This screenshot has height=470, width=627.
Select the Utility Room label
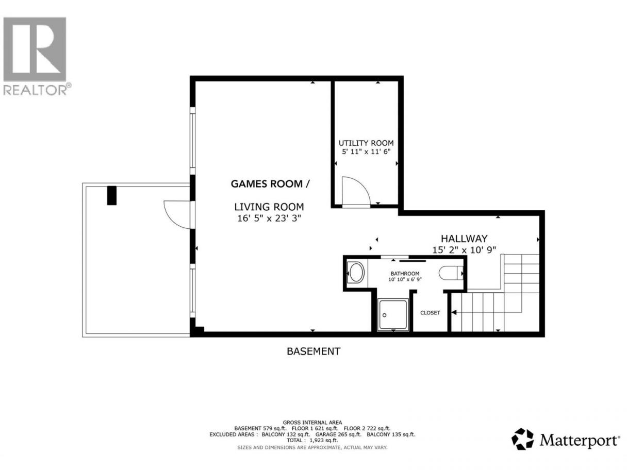click(366, 143)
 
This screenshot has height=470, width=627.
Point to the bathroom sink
click(356, 273)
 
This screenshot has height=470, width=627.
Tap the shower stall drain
click(384, 315)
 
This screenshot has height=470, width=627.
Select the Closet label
click(430, 313)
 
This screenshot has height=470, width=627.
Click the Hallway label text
click(464, 238)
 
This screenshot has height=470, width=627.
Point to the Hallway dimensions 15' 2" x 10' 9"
click(464, 250)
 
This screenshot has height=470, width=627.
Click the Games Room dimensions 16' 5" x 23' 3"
click(269, 219)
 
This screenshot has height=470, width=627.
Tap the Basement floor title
click(313, 351)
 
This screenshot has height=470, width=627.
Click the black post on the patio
click(112, 195)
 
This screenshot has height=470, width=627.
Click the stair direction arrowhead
click(454, 312)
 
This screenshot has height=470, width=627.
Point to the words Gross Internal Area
click(312, 423)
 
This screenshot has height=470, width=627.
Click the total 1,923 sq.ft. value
click(324, 440)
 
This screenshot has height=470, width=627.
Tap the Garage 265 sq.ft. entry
click(338, 434)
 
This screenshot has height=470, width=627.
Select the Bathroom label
click(405, 273)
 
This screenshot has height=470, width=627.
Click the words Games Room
click(267, 184)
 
